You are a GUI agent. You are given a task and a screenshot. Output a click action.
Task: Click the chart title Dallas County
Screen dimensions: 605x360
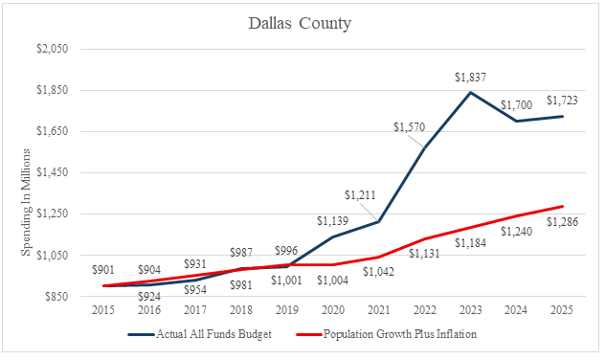[300, 24]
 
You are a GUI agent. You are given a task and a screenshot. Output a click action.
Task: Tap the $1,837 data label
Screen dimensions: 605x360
[470, 78]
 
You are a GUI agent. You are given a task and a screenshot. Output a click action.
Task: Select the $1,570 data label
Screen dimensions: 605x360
[409, 127]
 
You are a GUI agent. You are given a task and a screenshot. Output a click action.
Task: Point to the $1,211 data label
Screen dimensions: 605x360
[360, 195]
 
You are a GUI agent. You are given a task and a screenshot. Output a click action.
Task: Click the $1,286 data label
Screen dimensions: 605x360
[562, 222]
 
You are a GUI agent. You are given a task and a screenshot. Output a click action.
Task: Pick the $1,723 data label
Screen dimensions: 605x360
[562, 101]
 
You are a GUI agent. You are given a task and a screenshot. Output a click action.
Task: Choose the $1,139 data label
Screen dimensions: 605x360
[332, 221]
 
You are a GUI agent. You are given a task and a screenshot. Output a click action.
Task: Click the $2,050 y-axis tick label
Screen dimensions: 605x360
[52, 49]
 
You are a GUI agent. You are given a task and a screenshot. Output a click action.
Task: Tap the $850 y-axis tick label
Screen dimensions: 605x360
[56, 297]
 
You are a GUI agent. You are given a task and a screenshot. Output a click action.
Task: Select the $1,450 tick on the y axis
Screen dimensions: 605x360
[52, 172]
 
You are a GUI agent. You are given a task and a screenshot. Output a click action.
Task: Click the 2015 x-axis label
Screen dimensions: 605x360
[103, 310]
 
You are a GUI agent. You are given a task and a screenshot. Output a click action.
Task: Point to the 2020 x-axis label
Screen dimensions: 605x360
[333, 310]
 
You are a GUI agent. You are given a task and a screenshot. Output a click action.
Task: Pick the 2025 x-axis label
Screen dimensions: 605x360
[562, 310]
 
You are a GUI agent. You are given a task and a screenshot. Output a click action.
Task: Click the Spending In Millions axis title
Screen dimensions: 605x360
[26, 202]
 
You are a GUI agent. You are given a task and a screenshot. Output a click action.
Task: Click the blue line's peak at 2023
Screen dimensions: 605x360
[470, 92]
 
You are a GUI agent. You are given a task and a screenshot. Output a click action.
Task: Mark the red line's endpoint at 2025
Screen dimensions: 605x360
[562, 207]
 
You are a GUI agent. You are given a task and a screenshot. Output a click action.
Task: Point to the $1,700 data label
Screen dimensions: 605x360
[516, 105]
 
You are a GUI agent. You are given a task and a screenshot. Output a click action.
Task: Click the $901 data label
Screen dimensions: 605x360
[103, 270]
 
